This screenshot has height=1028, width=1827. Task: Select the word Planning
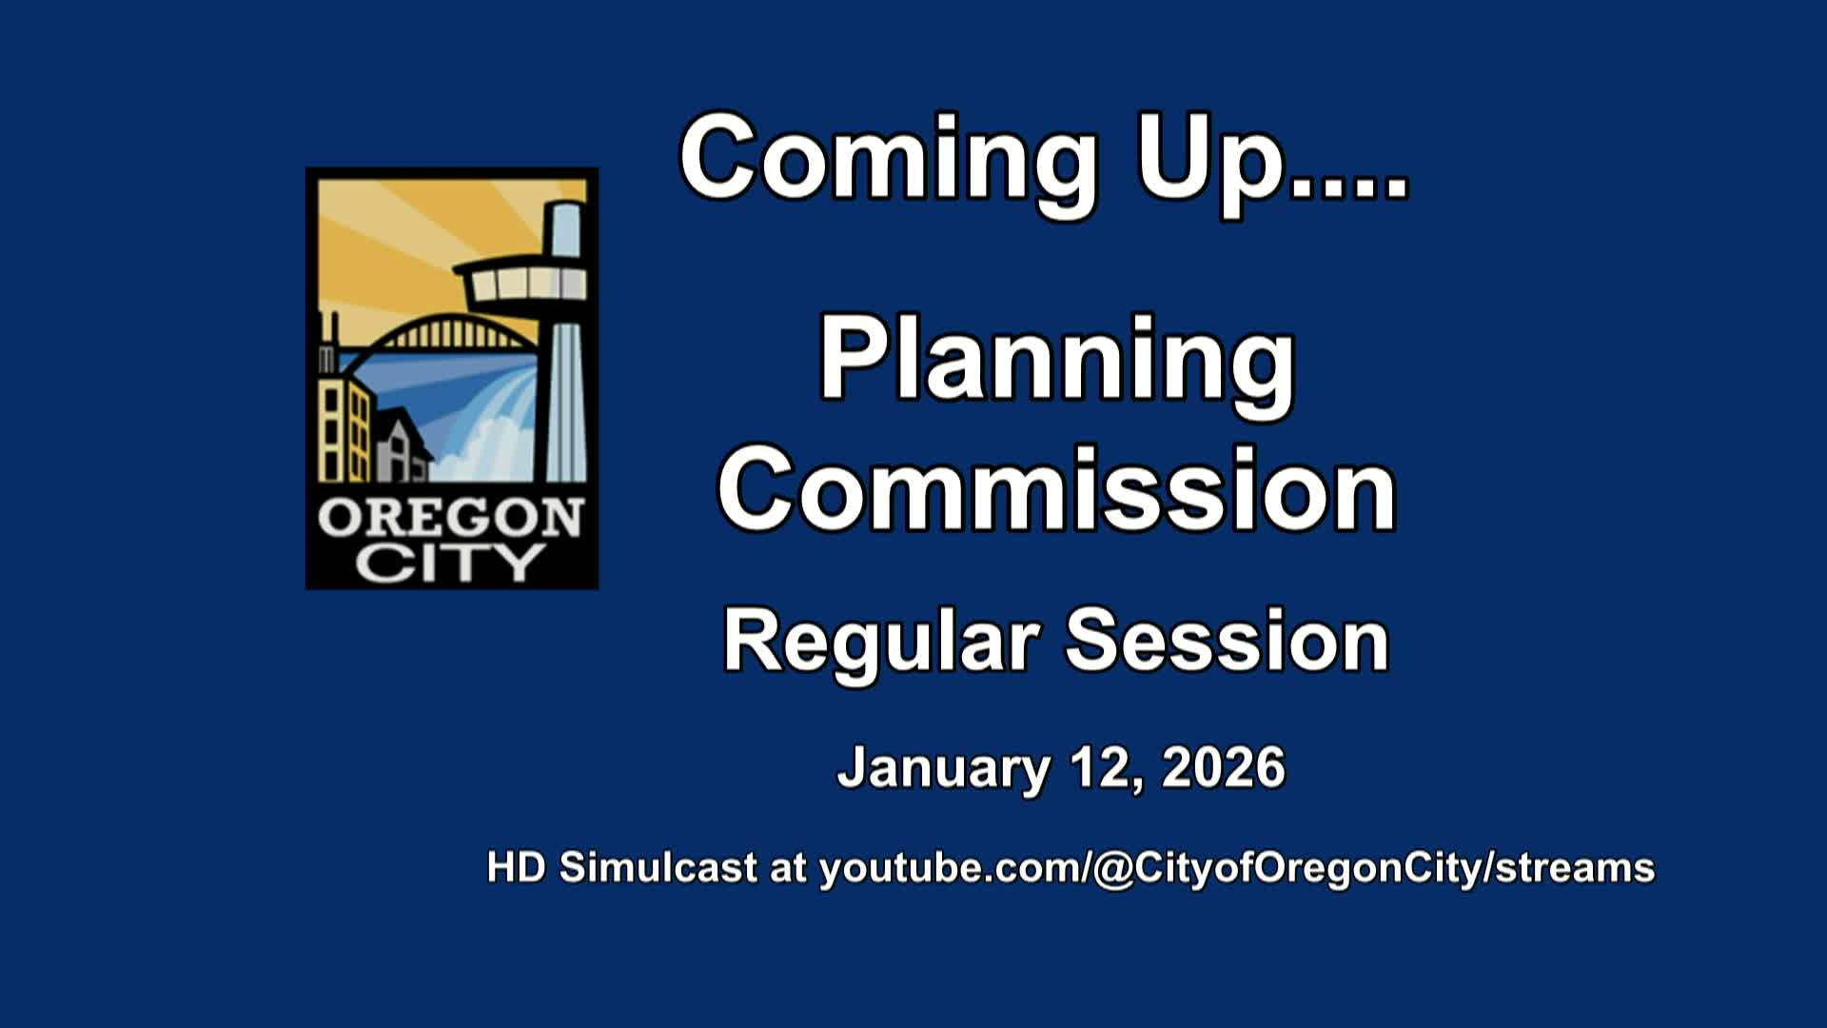[1056, 362]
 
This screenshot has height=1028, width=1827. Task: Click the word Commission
[1056, 493]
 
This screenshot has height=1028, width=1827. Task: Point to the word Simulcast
[658, 868]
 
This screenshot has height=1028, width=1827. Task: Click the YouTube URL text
[1237, 868]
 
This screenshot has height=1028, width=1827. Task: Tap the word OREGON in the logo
[450, 520]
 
